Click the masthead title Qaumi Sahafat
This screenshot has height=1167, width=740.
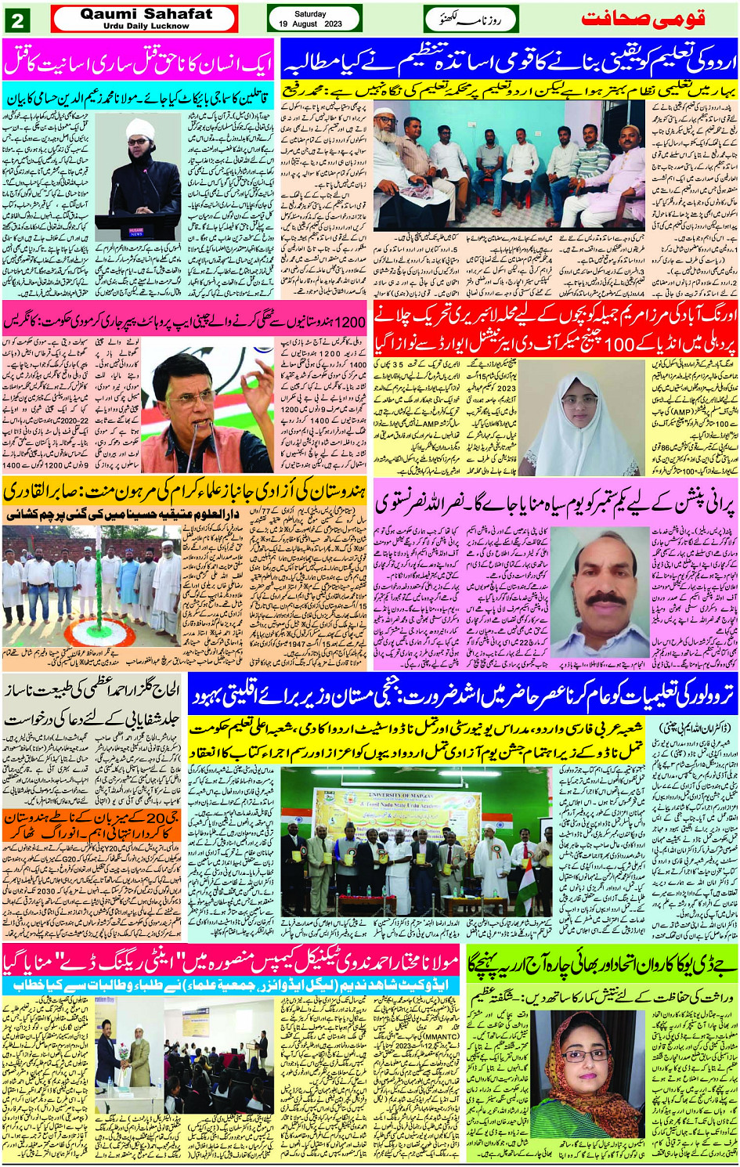click(x=146, y=14)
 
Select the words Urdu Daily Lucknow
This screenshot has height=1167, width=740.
click(x=146, y=26)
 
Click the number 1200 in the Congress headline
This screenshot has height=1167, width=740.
click(x=348, y=322)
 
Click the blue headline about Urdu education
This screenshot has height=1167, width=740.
click(x=509, y=60)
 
